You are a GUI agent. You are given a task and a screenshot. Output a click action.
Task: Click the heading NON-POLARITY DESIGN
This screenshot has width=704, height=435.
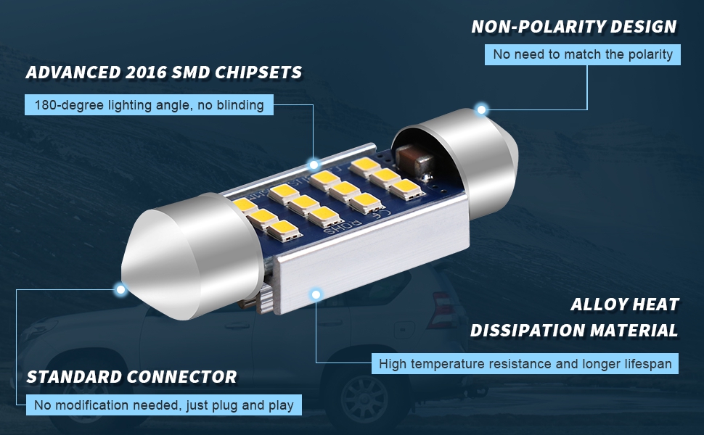pos(573,27)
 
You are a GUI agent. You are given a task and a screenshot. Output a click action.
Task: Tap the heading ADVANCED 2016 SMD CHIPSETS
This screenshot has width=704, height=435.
pos(164,72)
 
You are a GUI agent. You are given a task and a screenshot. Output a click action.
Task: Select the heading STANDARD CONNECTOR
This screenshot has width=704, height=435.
pos(131,377)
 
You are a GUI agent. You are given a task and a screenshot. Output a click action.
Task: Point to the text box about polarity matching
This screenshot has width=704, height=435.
pos(582,54)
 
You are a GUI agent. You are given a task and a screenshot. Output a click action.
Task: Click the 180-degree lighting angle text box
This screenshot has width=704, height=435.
pos(149,105)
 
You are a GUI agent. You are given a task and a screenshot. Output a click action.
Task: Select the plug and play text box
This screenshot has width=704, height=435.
pos(163,405)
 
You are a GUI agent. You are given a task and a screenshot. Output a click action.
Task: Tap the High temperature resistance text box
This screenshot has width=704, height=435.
pos(525,363)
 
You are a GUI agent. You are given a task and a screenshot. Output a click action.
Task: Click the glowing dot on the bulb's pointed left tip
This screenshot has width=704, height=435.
pos(121,289)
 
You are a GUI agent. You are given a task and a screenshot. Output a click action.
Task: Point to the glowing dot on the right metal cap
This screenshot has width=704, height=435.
pos(480,109)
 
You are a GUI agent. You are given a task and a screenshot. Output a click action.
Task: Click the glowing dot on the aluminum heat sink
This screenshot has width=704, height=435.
pos(316,294)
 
